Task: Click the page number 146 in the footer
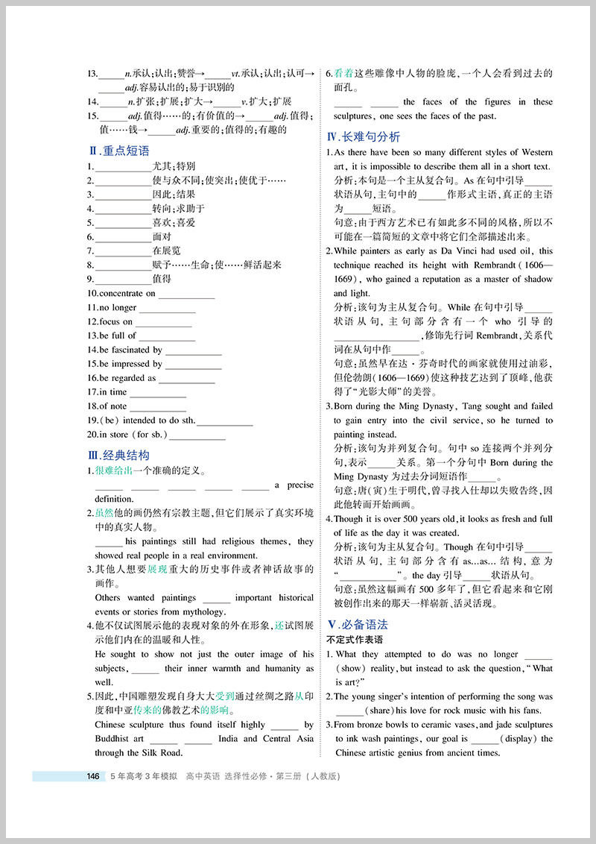coord(93,776)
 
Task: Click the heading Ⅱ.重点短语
coord(118,151)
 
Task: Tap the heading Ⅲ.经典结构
coord(118,455)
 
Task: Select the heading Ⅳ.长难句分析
coord(364,136)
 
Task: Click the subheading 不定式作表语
coord(355,640)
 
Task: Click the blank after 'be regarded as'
coord(187,379)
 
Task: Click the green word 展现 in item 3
coord(157,569)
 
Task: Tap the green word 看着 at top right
coord(343,74)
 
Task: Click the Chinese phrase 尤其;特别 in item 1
coord(174,166)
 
